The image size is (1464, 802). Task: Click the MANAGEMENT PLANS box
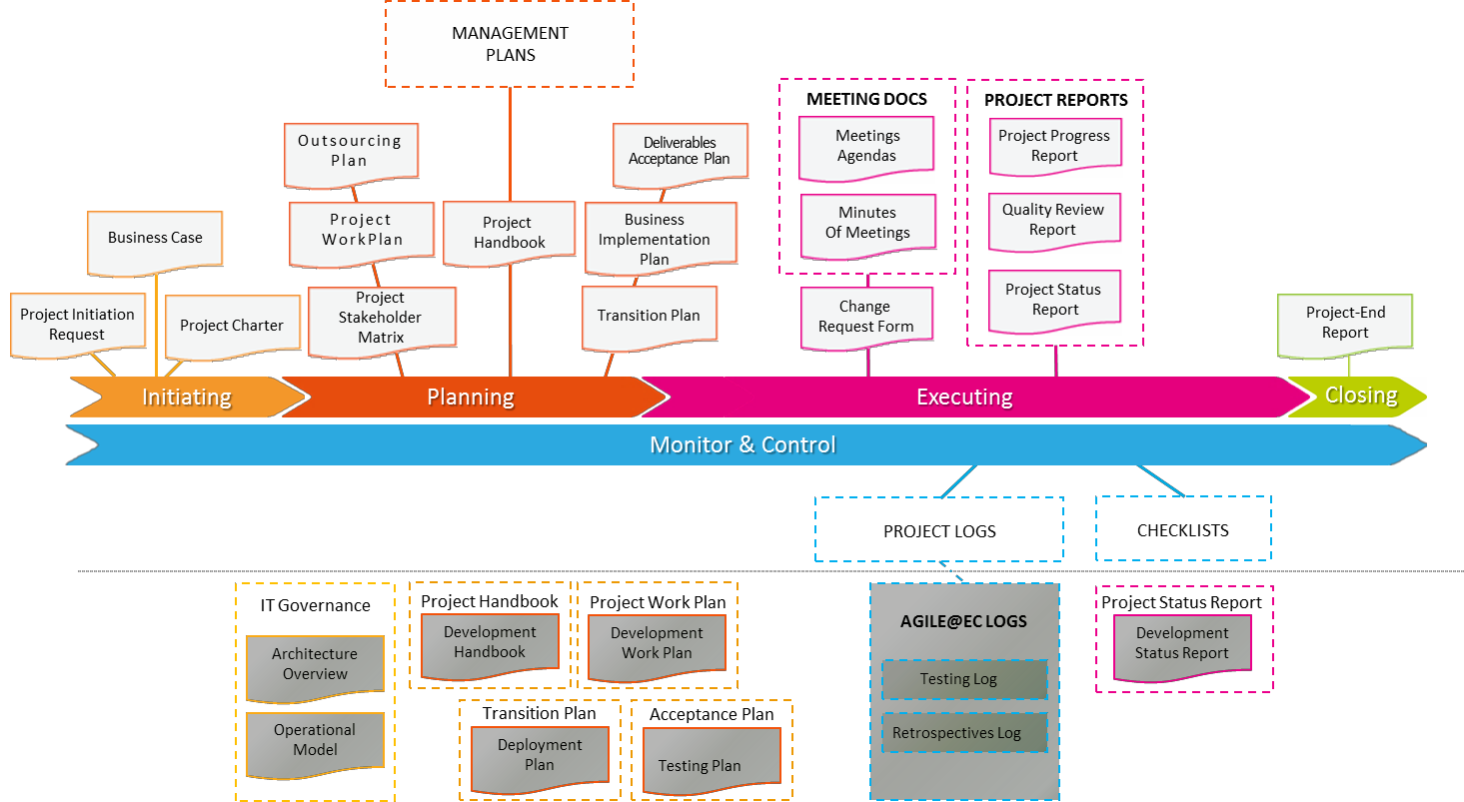tap(510, 44)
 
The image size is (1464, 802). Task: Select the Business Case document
tap(155, 239)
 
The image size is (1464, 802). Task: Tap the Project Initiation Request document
tap(77, 324)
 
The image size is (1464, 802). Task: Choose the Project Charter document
tap(232, 326)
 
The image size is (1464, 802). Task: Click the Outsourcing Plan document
tap(350, 151)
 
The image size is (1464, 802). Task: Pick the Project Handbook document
tap(510, 233)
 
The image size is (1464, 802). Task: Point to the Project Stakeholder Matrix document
tap(381, 318)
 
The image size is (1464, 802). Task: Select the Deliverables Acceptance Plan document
tap(680, 151)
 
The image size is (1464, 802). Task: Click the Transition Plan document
tap(649, 316)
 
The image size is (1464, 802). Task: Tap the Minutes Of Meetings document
tap(867, 222)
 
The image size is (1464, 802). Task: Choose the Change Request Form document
tap(865, 317)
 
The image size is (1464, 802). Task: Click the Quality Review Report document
tap(1053, 220)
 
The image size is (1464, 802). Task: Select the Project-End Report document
tap(1345, 323)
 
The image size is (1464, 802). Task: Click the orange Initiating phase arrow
tap(187, 397)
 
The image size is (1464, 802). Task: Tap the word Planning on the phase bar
tap(471, 398)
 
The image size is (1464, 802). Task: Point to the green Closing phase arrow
tap(1360, 396)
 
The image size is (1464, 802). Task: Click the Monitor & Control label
tap(742, 444)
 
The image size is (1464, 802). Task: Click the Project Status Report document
tap(1053, 300)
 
